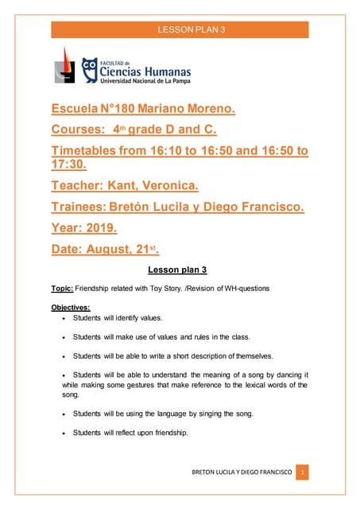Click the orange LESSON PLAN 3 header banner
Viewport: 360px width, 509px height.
click(180, 29)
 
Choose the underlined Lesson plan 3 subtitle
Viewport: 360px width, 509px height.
click(178, 270)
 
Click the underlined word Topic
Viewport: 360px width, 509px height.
click(63, 288)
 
